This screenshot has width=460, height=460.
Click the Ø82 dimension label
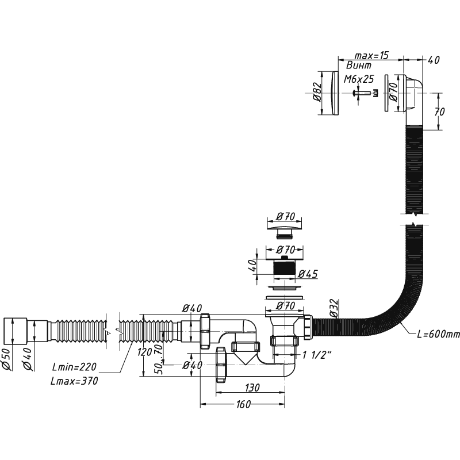(317, 92)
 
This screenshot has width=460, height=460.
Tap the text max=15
(371, 55)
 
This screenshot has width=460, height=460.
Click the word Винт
(359, 65)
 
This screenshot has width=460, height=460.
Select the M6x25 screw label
(359, 79)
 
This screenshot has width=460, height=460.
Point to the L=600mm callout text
(438, 334)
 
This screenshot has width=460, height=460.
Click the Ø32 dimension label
(333, 308)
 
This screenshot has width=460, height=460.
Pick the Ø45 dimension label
(308, 274)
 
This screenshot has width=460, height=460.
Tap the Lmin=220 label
(74, 367)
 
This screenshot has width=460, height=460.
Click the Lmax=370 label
(74, 381)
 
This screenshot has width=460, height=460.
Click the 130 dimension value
(252, 388)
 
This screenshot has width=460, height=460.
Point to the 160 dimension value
(243, 404)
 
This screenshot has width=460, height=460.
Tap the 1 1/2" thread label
(317, 355)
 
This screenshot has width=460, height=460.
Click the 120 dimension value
(145, 351)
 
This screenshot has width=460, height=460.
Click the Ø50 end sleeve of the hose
(15, 331)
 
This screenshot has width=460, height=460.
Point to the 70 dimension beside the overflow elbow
(439, 112)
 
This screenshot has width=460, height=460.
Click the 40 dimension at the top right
(434, 60)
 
